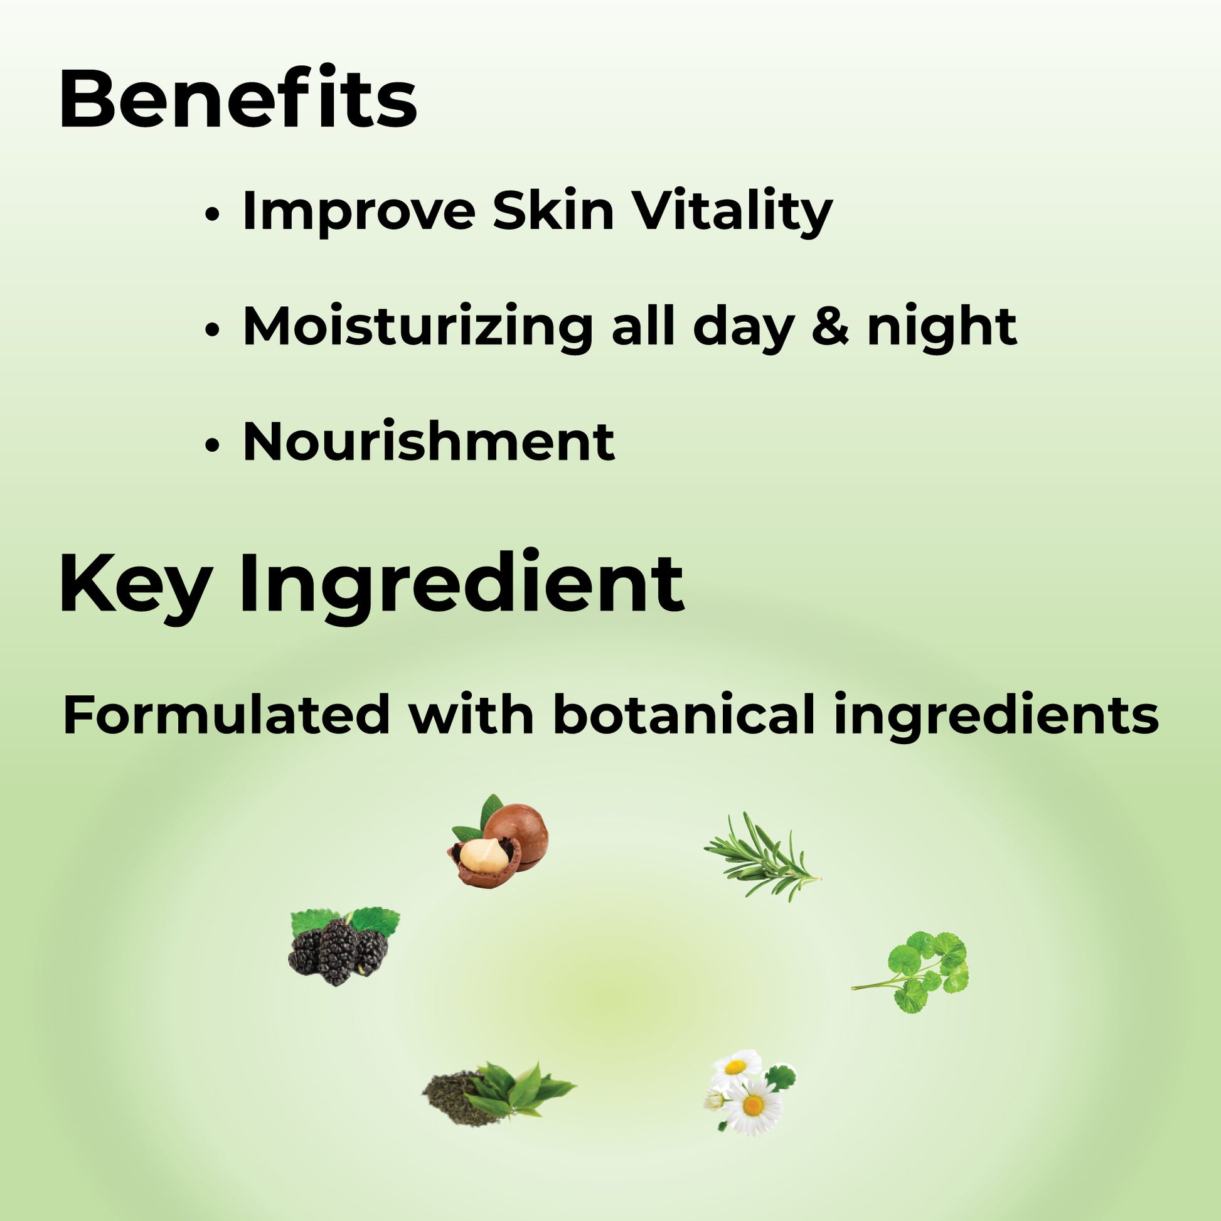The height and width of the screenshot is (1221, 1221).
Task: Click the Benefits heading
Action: click(238, 100)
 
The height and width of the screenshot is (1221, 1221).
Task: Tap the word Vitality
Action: click(733, 211)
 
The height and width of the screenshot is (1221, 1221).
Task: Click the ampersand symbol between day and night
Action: click(830, 327)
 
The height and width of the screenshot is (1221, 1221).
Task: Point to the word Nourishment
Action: click(429, 440)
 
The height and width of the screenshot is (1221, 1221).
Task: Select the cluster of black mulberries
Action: click(343, 948)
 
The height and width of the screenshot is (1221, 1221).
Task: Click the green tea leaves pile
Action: click(498, 1092)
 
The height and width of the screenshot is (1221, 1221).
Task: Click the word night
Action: click(942, 328)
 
